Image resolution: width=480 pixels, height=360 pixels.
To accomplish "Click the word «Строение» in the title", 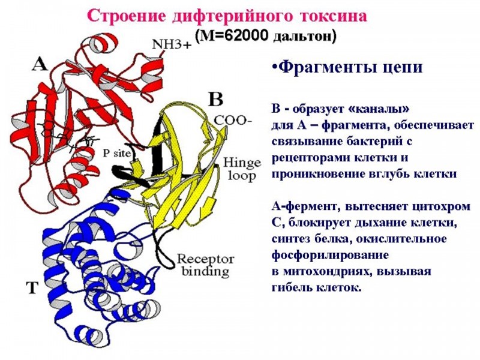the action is (x=119, y=16).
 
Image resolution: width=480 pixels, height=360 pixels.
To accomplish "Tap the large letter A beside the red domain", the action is (x=38, y=64).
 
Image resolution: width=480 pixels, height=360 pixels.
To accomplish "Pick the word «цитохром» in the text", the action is (x=442, y=208).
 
